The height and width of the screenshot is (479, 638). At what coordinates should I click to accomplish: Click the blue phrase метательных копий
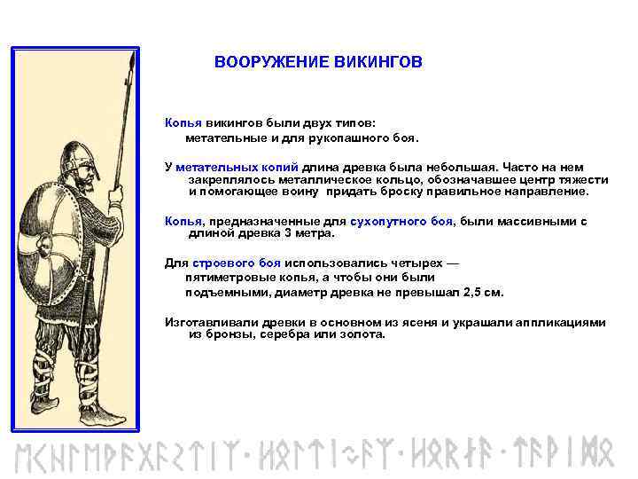coord(237,167)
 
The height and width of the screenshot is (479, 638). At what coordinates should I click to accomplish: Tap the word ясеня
coord(429,323)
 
